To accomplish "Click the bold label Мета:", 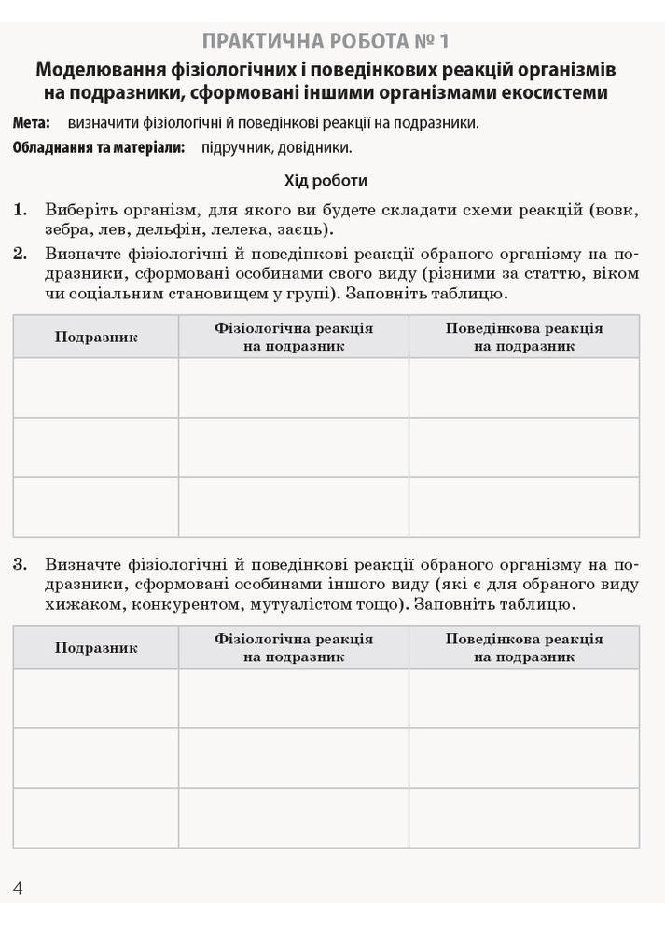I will (x=32, y=122).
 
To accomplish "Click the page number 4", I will (x=18, y=887).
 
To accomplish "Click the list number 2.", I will (x=21, y=253).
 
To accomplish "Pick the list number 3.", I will (x=21, y=563).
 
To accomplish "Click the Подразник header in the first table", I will (x=96, y=337).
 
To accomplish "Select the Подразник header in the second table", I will (x=96, y=647).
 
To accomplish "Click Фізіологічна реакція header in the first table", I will (x=294, y=328).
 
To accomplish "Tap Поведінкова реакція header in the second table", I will (x=523, y=639).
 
